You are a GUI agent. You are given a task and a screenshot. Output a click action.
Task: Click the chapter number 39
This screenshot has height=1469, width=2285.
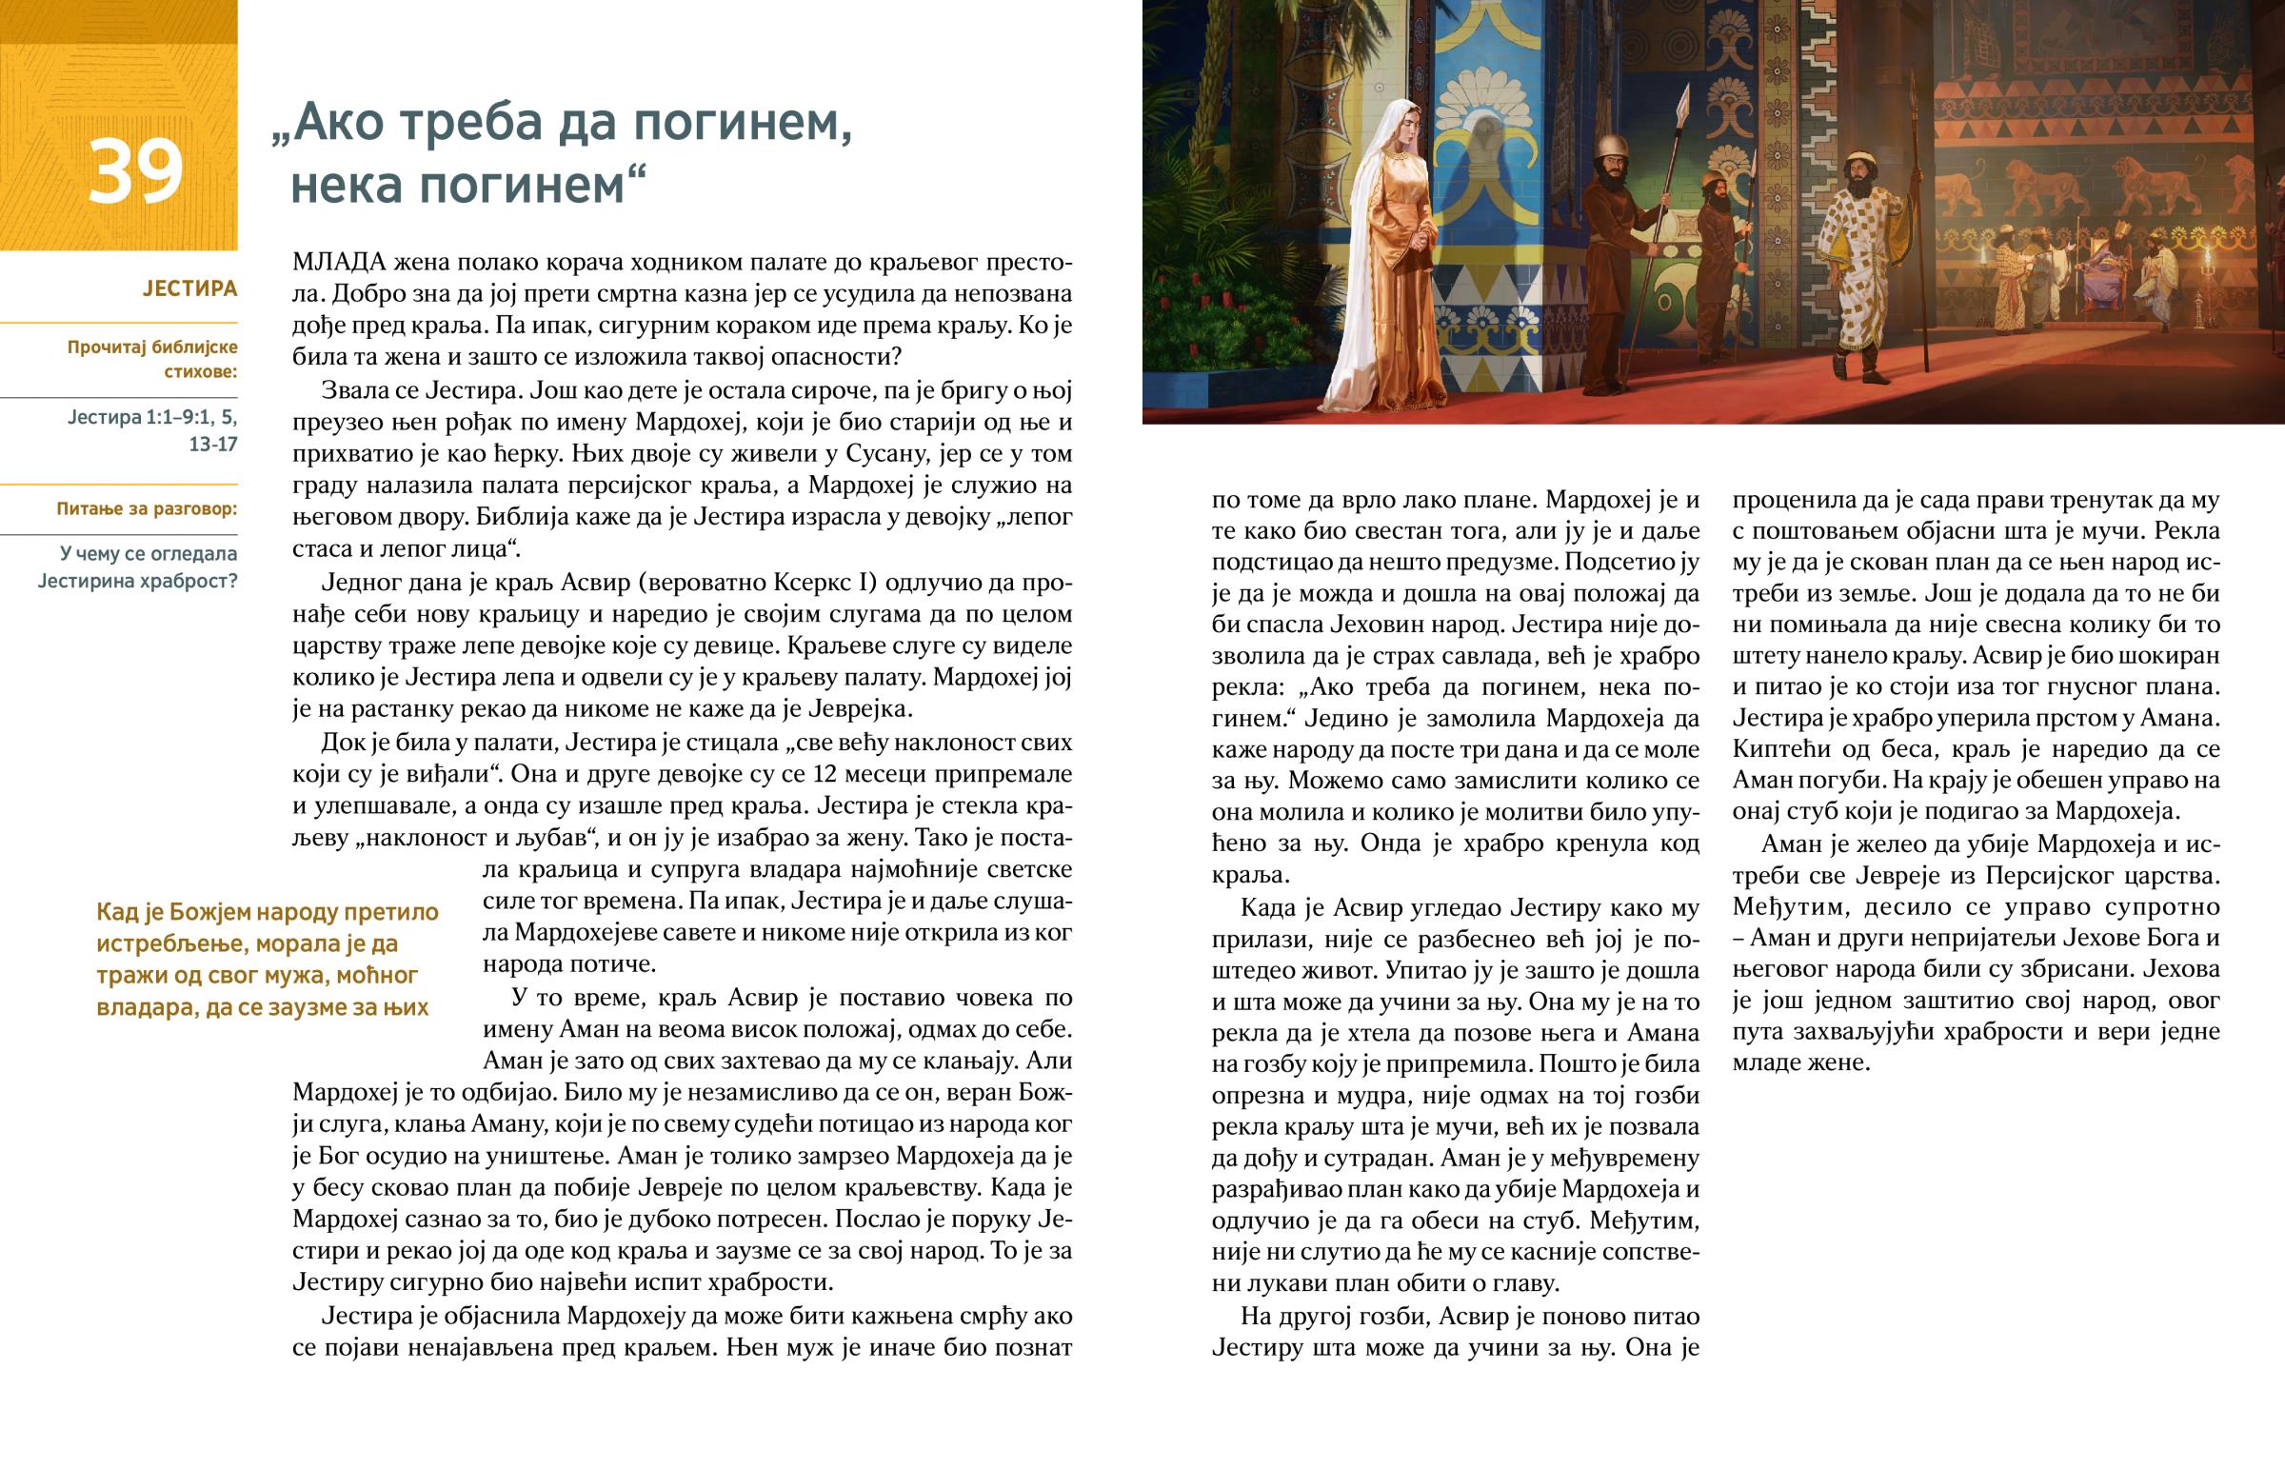(135, 170)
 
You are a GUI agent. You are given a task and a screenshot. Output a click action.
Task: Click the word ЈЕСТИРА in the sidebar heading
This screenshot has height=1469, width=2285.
(189, 288)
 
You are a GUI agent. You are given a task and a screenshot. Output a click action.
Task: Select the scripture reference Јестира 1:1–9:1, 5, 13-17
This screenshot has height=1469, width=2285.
(152, 430)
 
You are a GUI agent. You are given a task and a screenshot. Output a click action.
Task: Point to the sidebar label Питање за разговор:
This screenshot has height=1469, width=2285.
(147, 508)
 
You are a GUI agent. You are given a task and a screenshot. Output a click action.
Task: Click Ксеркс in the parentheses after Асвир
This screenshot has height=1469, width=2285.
(813, 583)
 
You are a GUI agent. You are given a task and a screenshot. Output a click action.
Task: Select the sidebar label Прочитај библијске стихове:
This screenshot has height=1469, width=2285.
(152, 359)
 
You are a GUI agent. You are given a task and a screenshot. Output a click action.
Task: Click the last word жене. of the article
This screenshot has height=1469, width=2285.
(1838, 1062)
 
